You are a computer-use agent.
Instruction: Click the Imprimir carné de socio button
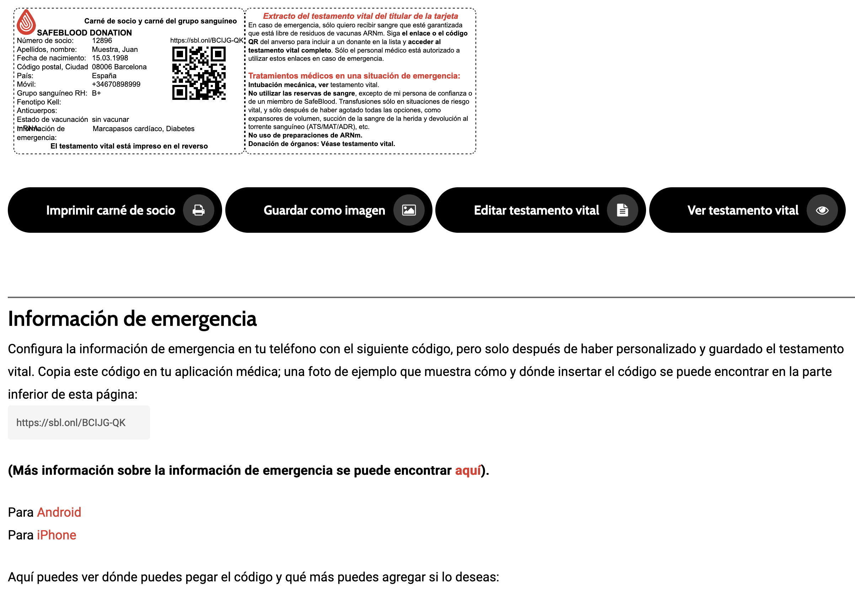(110, 210)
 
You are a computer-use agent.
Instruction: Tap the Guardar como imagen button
(324, 210)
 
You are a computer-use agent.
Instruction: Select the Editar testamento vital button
(536, 210)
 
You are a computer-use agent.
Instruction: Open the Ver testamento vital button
(743, 210)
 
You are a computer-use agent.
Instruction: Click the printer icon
(199, 210)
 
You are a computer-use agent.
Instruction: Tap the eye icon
(822, 210)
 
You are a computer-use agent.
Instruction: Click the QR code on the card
(199, 73)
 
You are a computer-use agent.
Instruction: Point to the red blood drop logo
(26, 22)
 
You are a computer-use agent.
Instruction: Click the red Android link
(59, 512)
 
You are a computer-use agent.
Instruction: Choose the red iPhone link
(56, 535)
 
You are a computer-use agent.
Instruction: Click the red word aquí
(468, 470)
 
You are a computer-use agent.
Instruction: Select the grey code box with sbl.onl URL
(79, 422)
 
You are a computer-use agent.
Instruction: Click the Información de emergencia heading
(132, 319)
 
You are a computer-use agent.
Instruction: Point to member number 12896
(102, 41)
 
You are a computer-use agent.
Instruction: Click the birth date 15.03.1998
(110, 58)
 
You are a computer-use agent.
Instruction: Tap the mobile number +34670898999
(116, 84)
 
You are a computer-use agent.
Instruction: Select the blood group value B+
(96, 93)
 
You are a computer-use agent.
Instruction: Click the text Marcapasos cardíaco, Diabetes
(143, 129)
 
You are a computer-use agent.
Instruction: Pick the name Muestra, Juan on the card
(115, 49)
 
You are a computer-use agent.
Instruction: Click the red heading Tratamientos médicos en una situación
(354, 76)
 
